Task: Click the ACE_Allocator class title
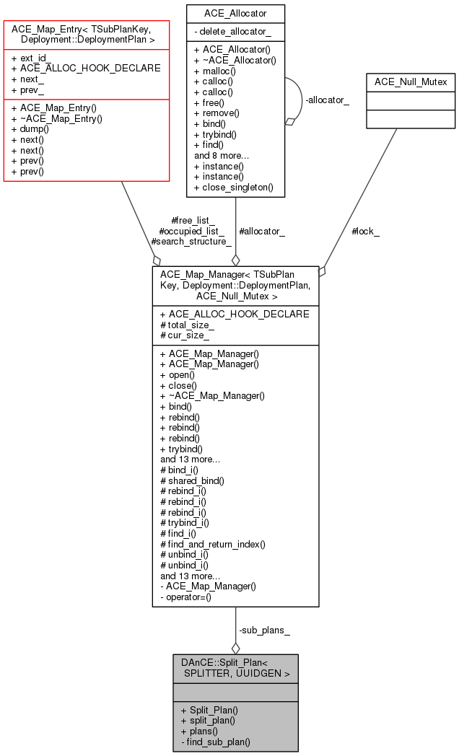pos(235,13)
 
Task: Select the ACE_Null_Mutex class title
pos(411,82)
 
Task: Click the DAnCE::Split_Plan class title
pos(235,668)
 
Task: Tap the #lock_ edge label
pos(365,232)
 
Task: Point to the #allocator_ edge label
pos(261,232)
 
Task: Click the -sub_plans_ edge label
pos(264,630)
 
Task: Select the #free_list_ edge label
pos(194,221)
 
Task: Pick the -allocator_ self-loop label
pos(327,100)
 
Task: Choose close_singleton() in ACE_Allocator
pos(233,187)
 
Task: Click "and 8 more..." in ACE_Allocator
pos(222,155)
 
